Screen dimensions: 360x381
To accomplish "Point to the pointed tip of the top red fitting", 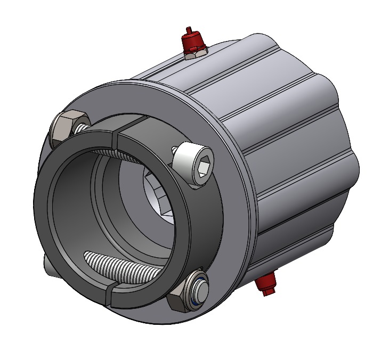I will [188, 29].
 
